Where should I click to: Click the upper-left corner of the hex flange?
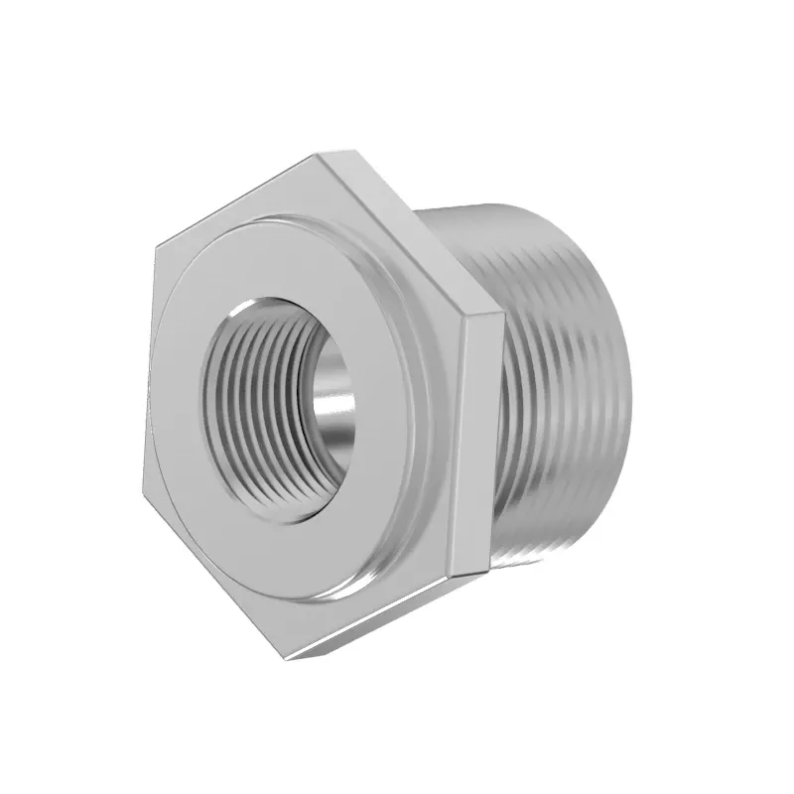156,243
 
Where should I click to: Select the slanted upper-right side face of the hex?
417,228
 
